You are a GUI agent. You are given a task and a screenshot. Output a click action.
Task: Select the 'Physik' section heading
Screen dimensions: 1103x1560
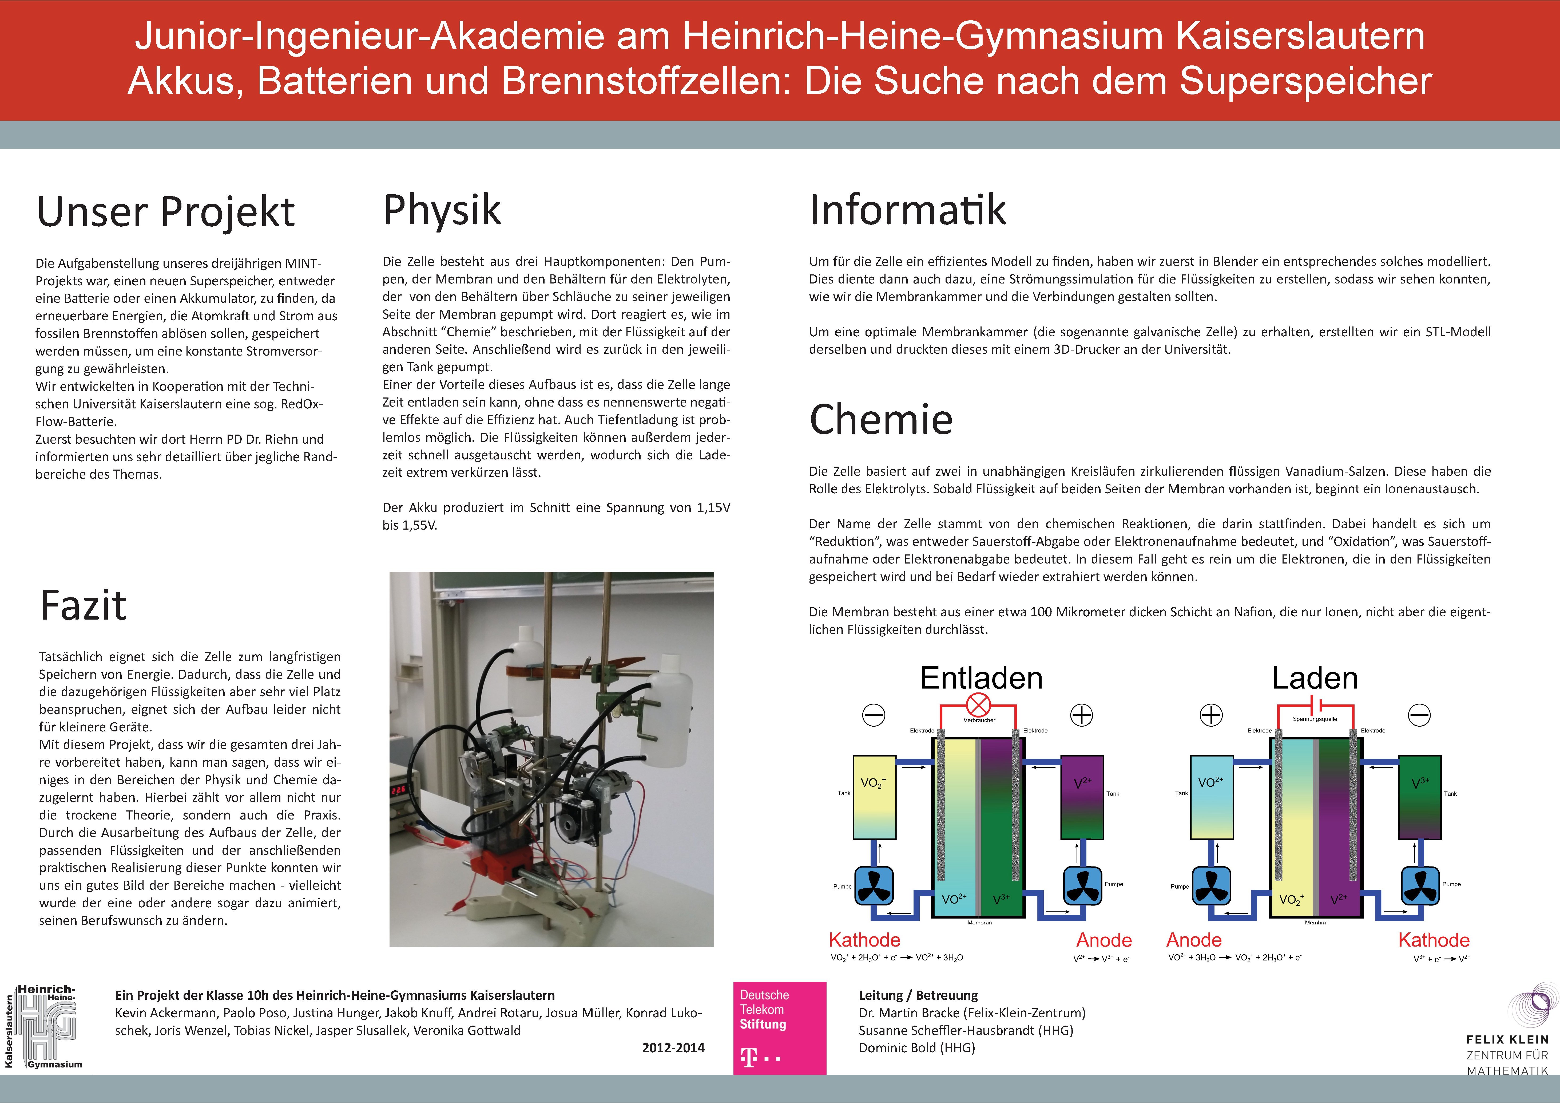pos(442,210)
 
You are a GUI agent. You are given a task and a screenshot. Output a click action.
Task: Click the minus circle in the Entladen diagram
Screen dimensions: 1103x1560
pos(874,715)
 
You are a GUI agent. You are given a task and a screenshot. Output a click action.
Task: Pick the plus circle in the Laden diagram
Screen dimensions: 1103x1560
pos(1212,715)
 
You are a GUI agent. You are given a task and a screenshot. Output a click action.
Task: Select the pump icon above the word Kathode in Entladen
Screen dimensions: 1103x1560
pos(874,885)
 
